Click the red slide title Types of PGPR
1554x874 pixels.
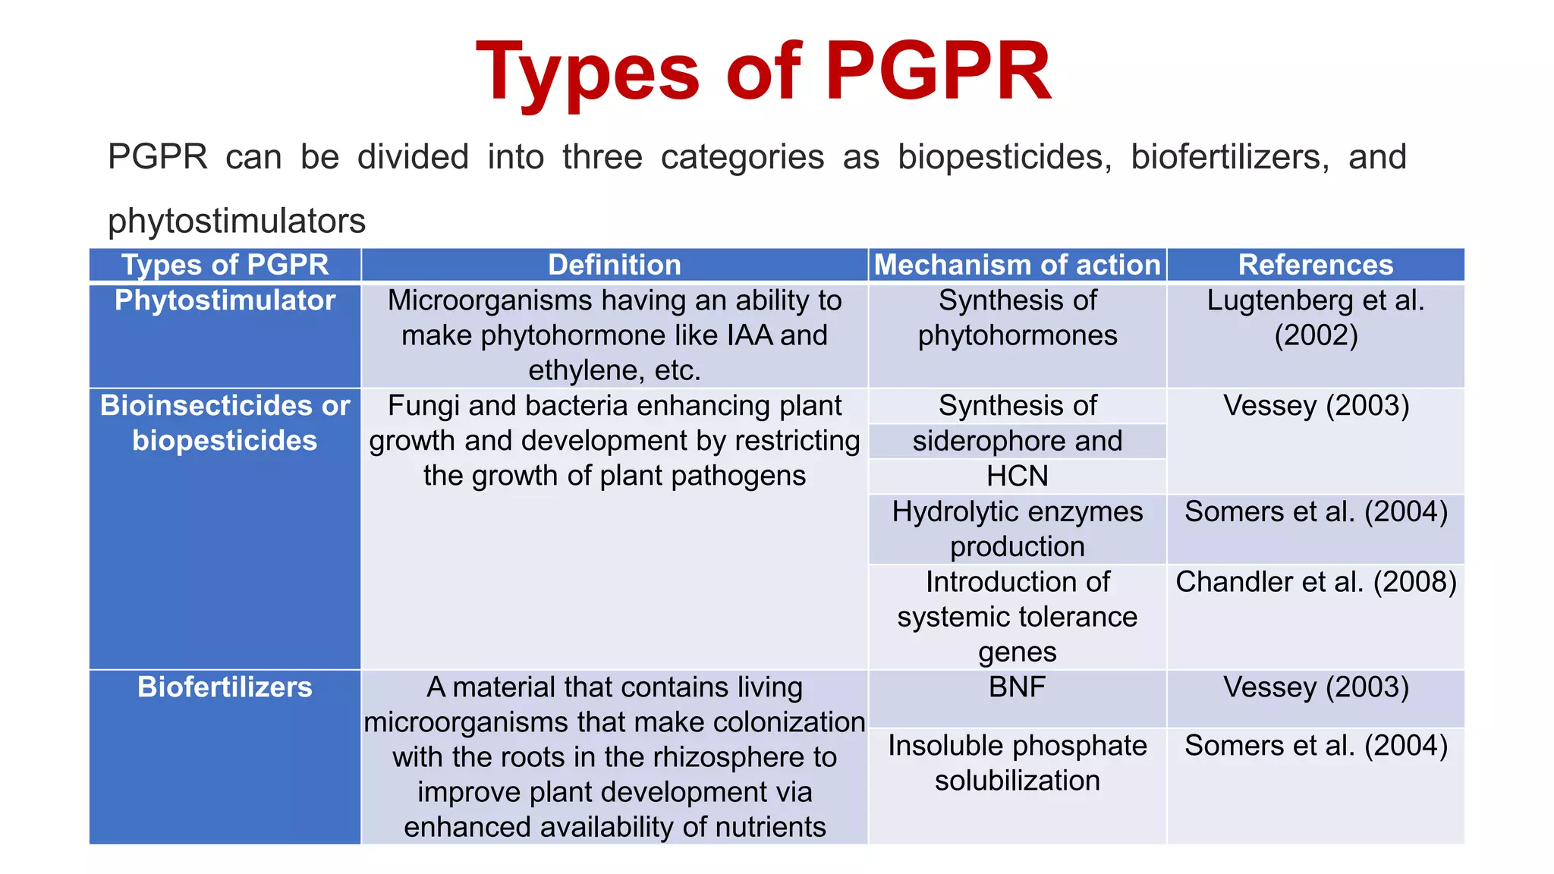tap(763, 71)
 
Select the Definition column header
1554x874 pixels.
tap(614, 265)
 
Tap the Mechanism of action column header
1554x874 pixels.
tap(1017, 265)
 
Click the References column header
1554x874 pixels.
tap(1315, 265)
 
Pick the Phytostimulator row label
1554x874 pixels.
tap(225, 300)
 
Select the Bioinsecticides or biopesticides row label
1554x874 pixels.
tap(225, 423)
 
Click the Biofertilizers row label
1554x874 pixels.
tap(225, 687)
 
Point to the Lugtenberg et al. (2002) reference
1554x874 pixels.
tap(1315, 317)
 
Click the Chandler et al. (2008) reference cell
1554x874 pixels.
tap(1315, 582)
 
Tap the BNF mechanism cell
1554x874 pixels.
tap(1017, 687)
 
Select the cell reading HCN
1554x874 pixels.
tap(1017, 476)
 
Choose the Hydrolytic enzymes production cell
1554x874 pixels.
tap(1017, 529)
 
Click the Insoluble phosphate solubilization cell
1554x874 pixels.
tap(1017, 762)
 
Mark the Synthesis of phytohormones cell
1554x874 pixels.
tap(1017, 317)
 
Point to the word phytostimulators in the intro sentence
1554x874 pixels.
tap(237, 221)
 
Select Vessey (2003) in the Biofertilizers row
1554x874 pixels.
tap(1315, 687)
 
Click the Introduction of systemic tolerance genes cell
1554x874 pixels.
tap(1017, 616)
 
